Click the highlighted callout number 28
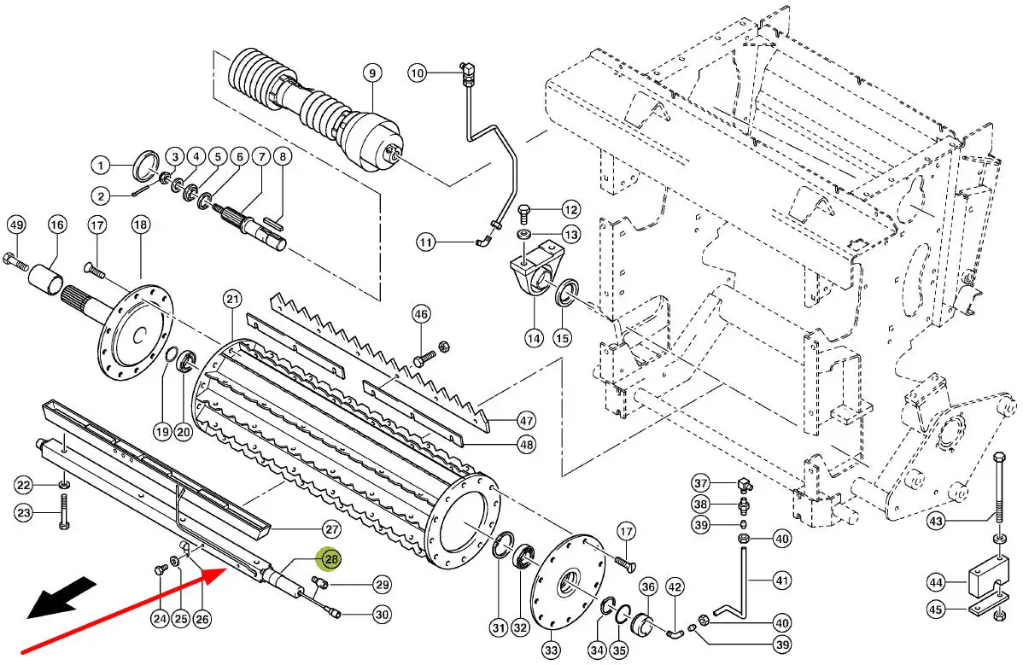[329, 560]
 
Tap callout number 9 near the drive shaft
[372, 73]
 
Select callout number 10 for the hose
[416, 73]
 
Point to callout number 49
[15, 225]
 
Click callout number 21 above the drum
[231, 299]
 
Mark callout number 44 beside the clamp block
[936, 582]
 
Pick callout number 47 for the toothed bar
[526, 420]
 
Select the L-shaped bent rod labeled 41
[734, 589]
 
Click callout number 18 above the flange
[140, 225]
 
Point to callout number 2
[100, 197]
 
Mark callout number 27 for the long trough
[331, 528]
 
